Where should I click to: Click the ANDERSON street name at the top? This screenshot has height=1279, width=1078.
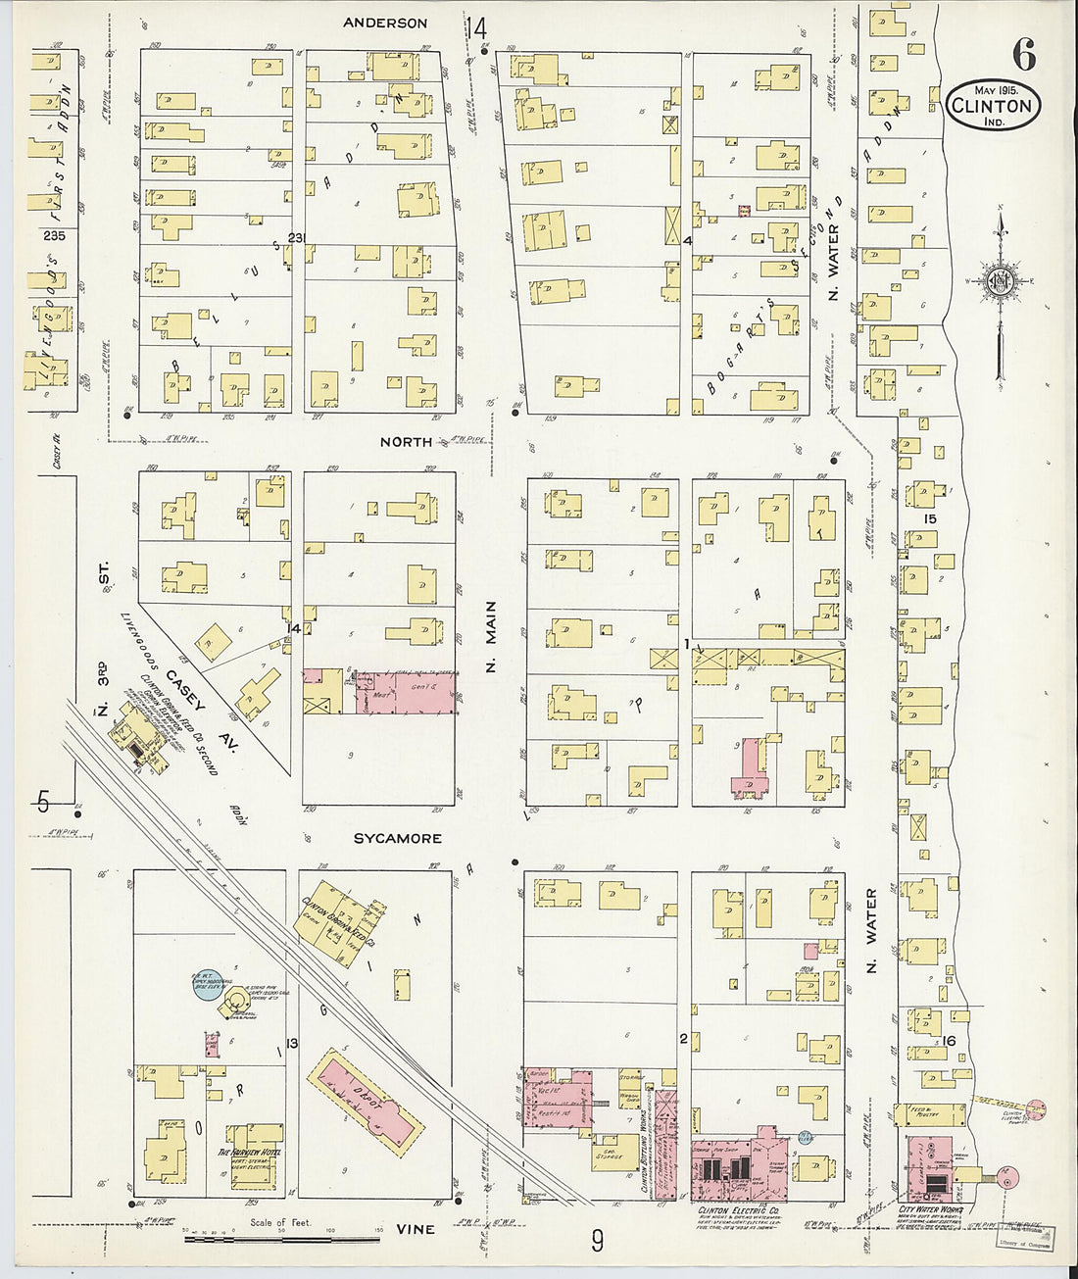(x=385, y=23)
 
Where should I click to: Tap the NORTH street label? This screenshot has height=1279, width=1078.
(x=406, y=442)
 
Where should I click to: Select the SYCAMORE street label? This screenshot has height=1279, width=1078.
(x=397, y=838)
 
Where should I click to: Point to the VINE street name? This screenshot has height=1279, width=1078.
(x=416, y=1229)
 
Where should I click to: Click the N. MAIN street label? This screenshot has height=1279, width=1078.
(x=491, y=637)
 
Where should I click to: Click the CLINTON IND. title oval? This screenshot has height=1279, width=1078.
(x=993, y=106)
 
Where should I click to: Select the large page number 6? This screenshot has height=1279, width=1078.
(x=1023, y=57)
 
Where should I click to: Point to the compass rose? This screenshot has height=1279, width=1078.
(x=1000, y=280)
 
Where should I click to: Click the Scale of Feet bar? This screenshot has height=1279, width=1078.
(x=262, y=1238)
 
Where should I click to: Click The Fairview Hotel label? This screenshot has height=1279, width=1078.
(x=249, y=1153)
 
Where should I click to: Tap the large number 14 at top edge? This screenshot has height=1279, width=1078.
(x=476, y=29)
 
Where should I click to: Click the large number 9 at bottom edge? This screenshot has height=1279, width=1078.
(x=597, y=1242)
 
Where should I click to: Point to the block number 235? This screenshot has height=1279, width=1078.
(x=54, y=235)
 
